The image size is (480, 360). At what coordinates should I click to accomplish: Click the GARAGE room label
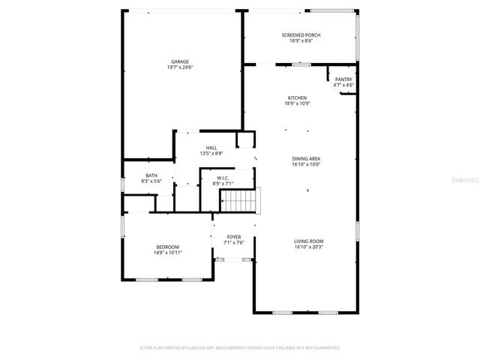(180, 61)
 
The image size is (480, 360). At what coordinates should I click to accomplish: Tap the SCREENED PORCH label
(296, 35)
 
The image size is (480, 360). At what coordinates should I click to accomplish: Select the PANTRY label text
(343, 79)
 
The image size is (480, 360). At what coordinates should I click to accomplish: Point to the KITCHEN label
(297, 98)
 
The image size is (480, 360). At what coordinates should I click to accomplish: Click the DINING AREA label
(306, 158)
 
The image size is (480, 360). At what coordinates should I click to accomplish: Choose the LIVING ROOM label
(308, 241)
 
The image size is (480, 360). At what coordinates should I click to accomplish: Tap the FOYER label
(234, 237)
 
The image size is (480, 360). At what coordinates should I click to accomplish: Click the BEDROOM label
(167, 247)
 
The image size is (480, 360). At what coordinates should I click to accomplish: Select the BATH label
(151, 175)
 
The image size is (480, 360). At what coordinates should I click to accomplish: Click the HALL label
(211, 148)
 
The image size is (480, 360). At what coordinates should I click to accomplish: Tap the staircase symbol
(238, 201)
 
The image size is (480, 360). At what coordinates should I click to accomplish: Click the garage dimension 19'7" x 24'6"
(180, 67)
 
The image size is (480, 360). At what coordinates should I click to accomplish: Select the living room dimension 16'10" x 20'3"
(308, 246)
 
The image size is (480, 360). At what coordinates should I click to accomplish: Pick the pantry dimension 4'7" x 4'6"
(343, 85)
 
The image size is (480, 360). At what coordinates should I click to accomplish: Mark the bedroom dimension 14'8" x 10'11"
(167, 253)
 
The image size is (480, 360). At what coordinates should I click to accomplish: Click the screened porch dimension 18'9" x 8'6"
(296, 40)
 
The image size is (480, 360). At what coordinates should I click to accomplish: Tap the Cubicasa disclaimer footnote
(240, 348)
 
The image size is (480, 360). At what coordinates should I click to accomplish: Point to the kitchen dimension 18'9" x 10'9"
(297, 103)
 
